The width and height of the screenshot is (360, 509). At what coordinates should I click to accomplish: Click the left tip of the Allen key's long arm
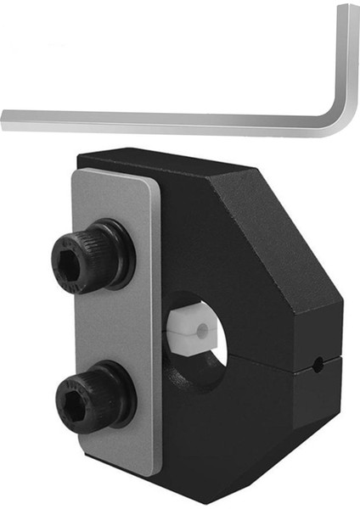pos(5,117)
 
